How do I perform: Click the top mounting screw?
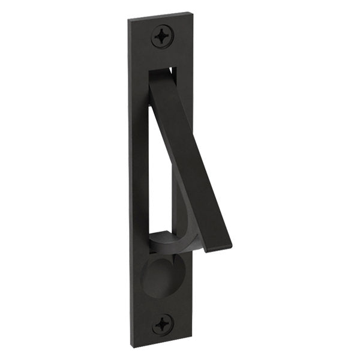point(161,36)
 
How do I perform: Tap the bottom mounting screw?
point(162,325)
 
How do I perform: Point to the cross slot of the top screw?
point(161,36)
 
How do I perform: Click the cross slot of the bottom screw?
point(162,325)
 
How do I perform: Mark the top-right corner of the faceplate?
point(194,11)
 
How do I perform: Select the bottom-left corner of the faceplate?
point(133,347)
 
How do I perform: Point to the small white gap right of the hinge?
point(174,73)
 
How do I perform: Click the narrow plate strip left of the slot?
point(139,168)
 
